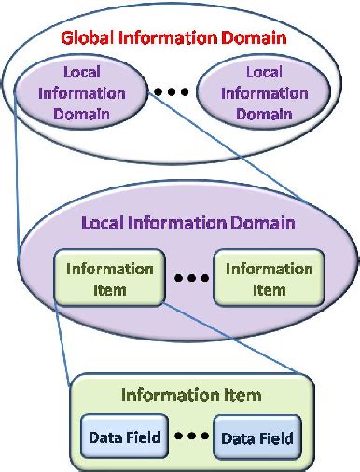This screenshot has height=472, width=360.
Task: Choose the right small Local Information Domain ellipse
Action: tap(263, 93)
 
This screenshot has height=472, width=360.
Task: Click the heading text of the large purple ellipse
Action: tap(188, 224)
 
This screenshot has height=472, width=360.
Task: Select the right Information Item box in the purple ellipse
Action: tap(269, 279)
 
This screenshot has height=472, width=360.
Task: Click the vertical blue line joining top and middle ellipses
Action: tap(17, 177)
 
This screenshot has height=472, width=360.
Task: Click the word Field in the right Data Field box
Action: tap(275, 438)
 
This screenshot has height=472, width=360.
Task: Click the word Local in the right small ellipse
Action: tap(263, 72)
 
